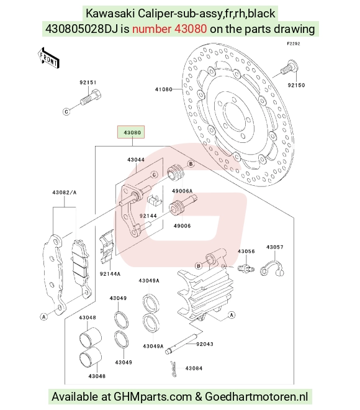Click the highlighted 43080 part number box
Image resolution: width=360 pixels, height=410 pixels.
tap(130, 132)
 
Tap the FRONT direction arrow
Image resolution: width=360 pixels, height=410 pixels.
tap(48, 58)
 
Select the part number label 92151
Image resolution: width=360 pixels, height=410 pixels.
tap(88, 83)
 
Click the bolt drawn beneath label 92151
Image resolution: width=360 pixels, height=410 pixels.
tap(91, 97)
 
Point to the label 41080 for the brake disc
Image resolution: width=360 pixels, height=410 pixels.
tap(163, 89)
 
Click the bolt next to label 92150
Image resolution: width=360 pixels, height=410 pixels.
tap(290, 67)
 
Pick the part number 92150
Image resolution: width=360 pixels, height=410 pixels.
tap(296, 85)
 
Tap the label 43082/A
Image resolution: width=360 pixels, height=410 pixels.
tap(65, 193)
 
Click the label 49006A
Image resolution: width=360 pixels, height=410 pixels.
tap(182, 191)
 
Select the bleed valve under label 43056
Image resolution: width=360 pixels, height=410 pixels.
tap(246, 268)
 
